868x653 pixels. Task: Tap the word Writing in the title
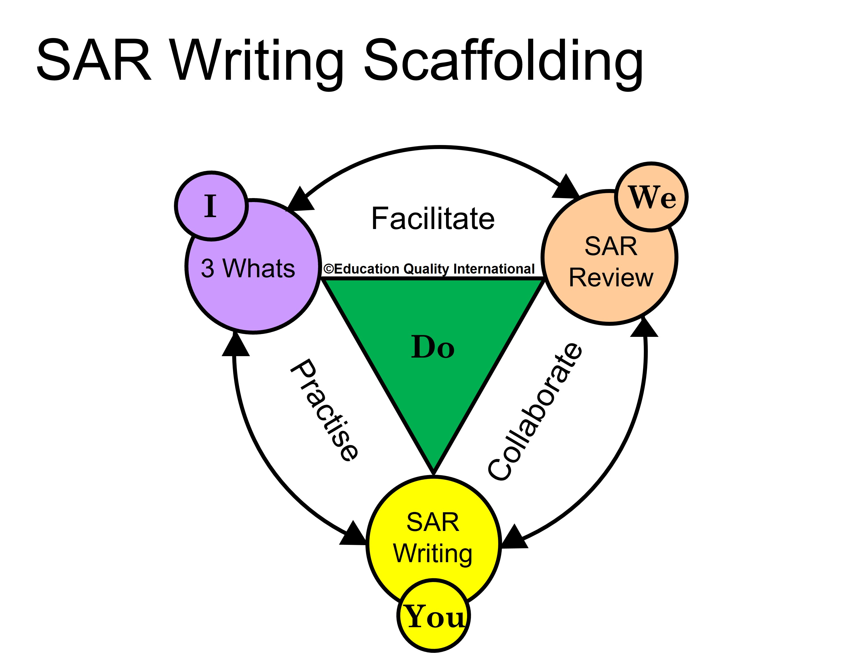point(257,63)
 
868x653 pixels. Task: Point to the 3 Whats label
point(248,268)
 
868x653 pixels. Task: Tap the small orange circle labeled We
point(651,197)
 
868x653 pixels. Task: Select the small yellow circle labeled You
point(434,616)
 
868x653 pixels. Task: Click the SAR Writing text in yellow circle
point(433,537)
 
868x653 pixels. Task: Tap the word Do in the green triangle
point(433,347)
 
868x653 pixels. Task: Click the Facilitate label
point(433,219)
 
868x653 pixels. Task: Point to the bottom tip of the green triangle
point(434,472)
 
